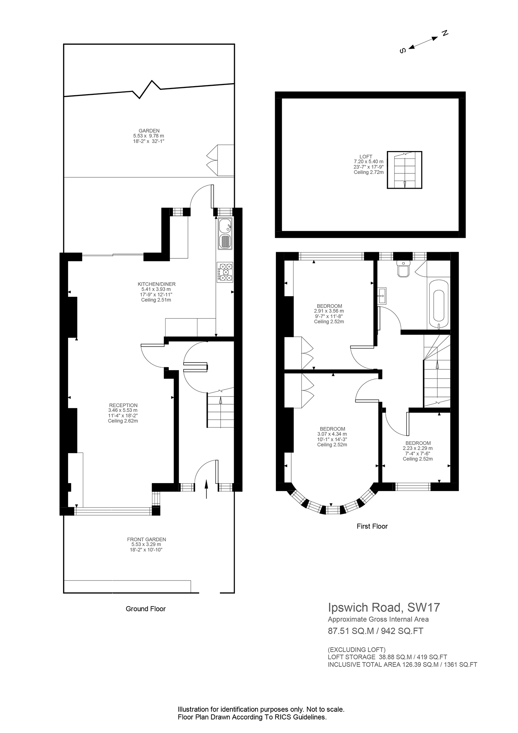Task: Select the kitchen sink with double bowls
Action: click(224, 234)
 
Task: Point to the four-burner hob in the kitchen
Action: click(225, 272)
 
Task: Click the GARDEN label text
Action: click(149, 130)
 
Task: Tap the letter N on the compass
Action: click(445, 33)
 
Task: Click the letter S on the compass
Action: click(403, 51)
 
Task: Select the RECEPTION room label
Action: click(123, 405)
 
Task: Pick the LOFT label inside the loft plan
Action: click(366, 156)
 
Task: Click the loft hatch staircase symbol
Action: click(404, 170)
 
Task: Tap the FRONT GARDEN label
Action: click(147, 539)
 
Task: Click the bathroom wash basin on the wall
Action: click(382, 295)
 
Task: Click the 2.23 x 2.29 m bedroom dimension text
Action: click(418, 448)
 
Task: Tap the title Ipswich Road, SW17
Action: click(384, 608)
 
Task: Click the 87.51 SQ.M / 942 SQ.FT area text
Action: click(375, 631)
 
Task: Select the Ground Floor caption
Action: click(145, 609)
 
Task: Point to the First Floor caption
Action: click(372, 526)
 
